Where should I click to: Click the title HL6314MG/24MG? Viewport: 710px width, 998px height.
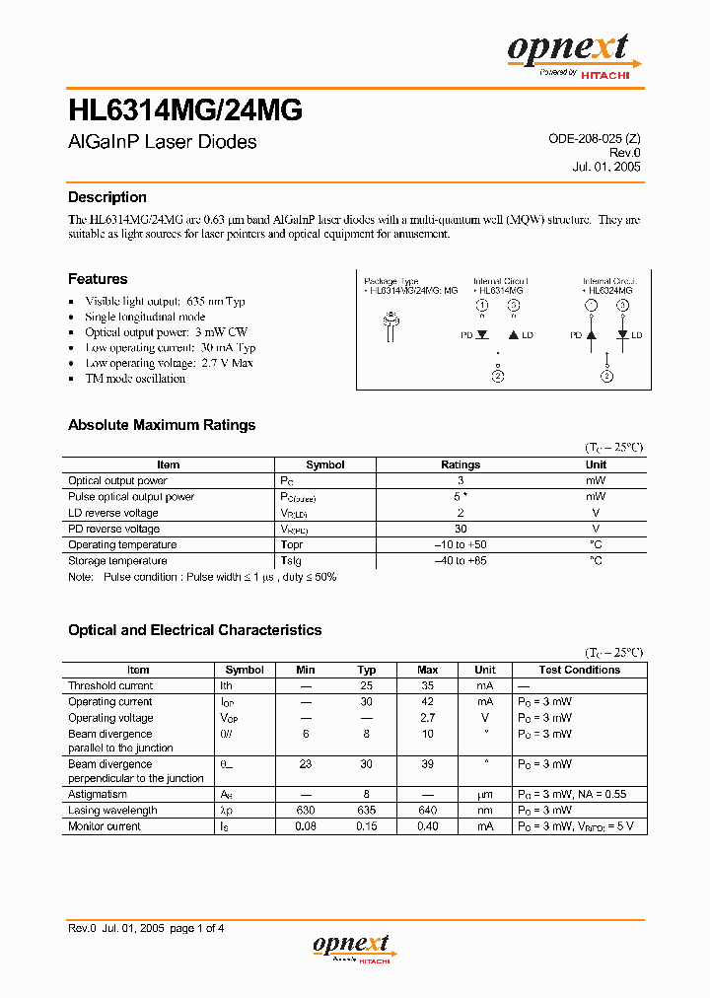184,110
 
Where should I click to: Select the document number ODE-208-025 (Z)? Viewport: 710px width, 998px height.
594,139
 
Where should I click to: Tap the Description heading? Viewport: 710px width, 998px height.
106,197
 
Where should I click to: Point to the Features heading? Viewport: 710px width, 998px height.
97,279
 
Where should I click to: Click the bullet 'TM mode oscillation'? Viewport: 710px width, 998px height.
135,379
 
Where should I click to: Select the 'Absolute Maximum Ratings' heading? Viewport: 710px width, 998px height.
161,425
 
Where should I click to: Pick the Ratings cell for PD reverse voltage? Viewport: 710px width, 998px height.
461,529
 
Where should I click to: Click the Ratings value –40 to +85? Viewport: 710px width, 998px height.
461,561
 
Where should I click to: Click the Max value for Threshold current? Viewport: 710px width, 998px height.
428,686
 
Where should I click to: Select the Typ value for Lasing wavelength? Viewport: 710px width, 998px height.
367,811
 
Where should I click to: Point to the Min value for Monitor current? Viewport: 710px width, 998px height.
306,826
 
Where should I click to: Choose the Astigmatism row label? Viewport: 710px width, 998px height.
98,794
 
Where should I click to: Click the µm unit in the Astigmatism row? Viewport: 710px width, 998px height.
485,794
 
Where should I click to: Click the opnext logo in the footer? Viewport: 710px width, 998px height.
354,947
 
